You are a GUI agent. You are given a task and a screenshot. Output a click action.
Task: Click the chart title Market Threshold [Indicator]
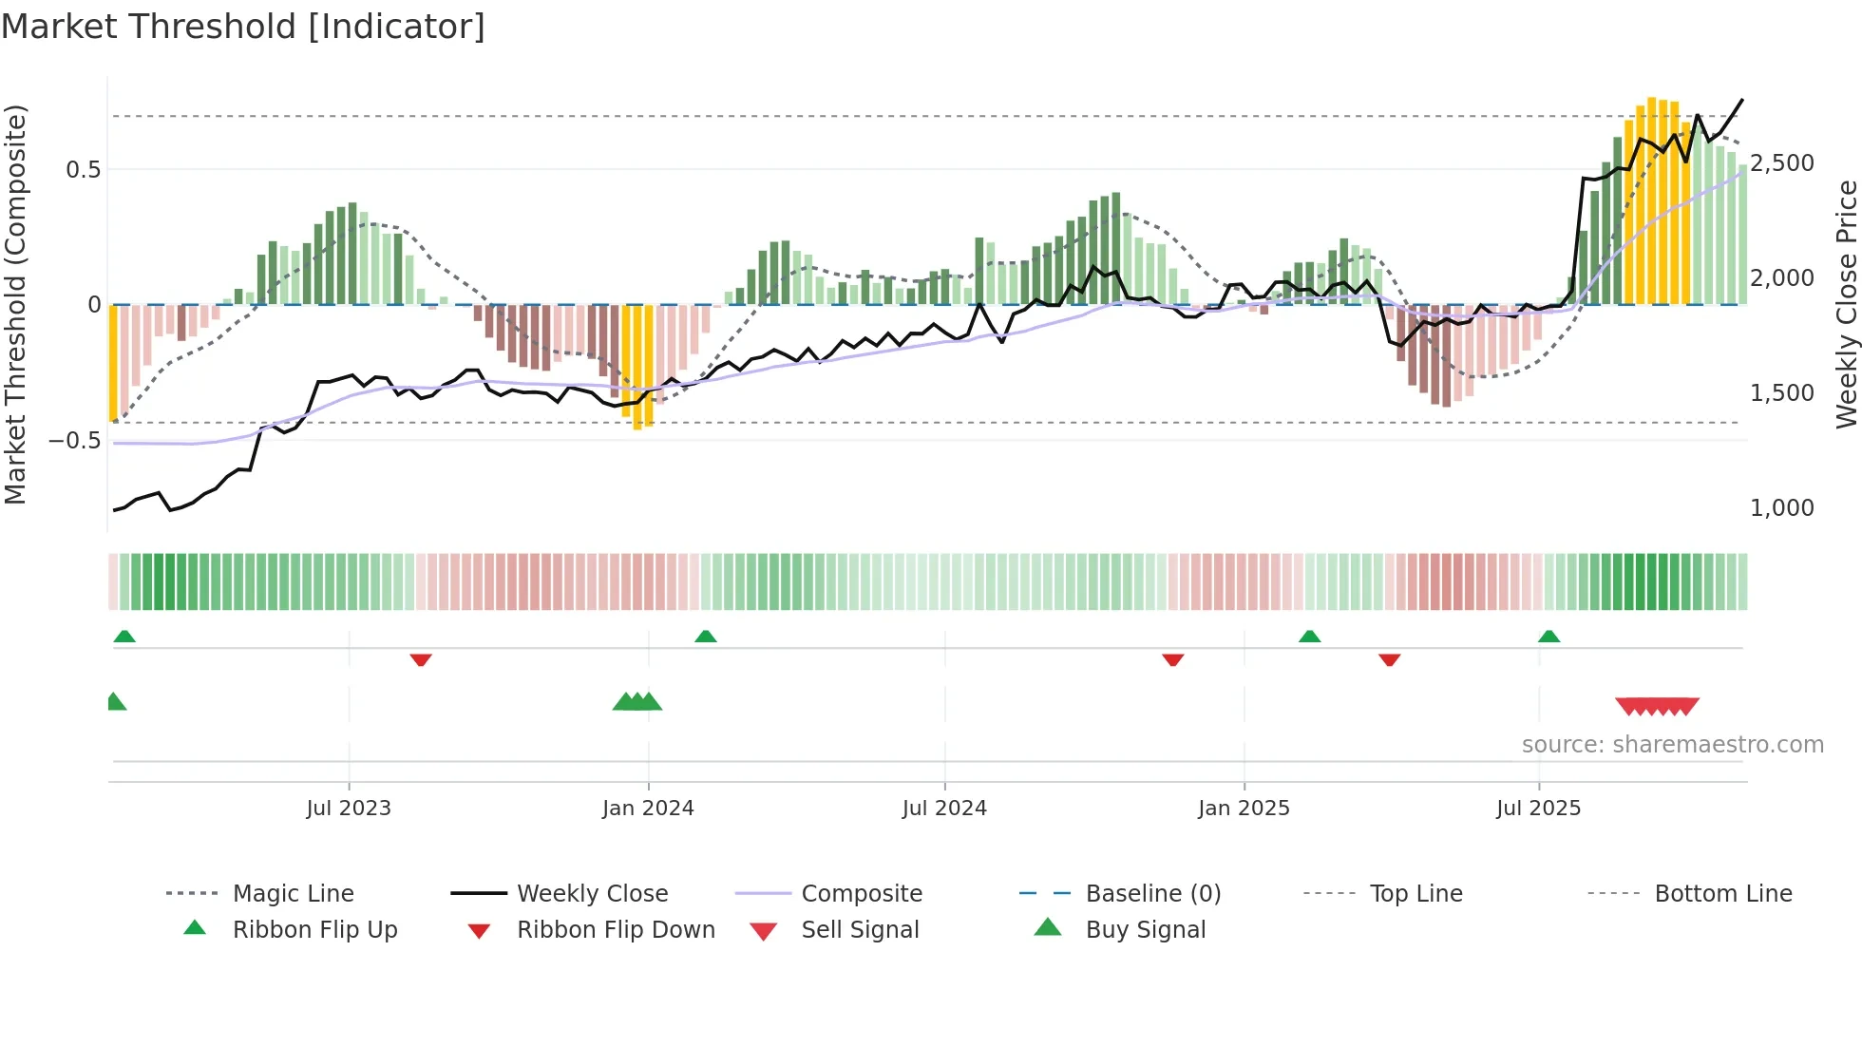243,27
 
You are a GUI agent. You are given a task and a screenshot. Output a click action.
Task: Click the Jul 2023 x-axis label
349,809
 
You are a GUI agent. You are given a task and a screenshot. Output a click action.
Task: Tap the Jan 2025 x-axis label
1244,809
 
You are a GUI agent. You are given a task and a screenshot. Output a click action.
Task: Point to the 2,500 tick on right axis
1782,163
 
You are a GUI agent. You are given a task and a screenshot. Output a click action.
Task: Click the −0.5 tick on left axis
75,441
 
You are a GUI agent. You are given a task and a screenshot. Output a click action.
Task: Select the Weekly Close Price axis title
1846,304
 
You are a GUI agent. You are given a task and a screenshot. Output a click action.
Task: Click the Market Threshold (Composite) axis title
15,304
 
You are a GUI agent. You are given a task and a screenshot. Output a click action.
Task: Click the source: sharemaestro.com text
1672,745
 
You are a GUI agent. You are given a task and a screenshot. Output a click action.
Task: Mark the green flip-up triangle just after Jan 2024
705,637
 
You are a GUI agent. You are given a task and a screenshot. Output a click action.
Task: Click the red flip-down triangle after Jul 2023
421,659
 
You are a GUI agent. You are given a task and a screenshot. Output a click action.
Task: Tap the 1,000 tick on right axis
1782,508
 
